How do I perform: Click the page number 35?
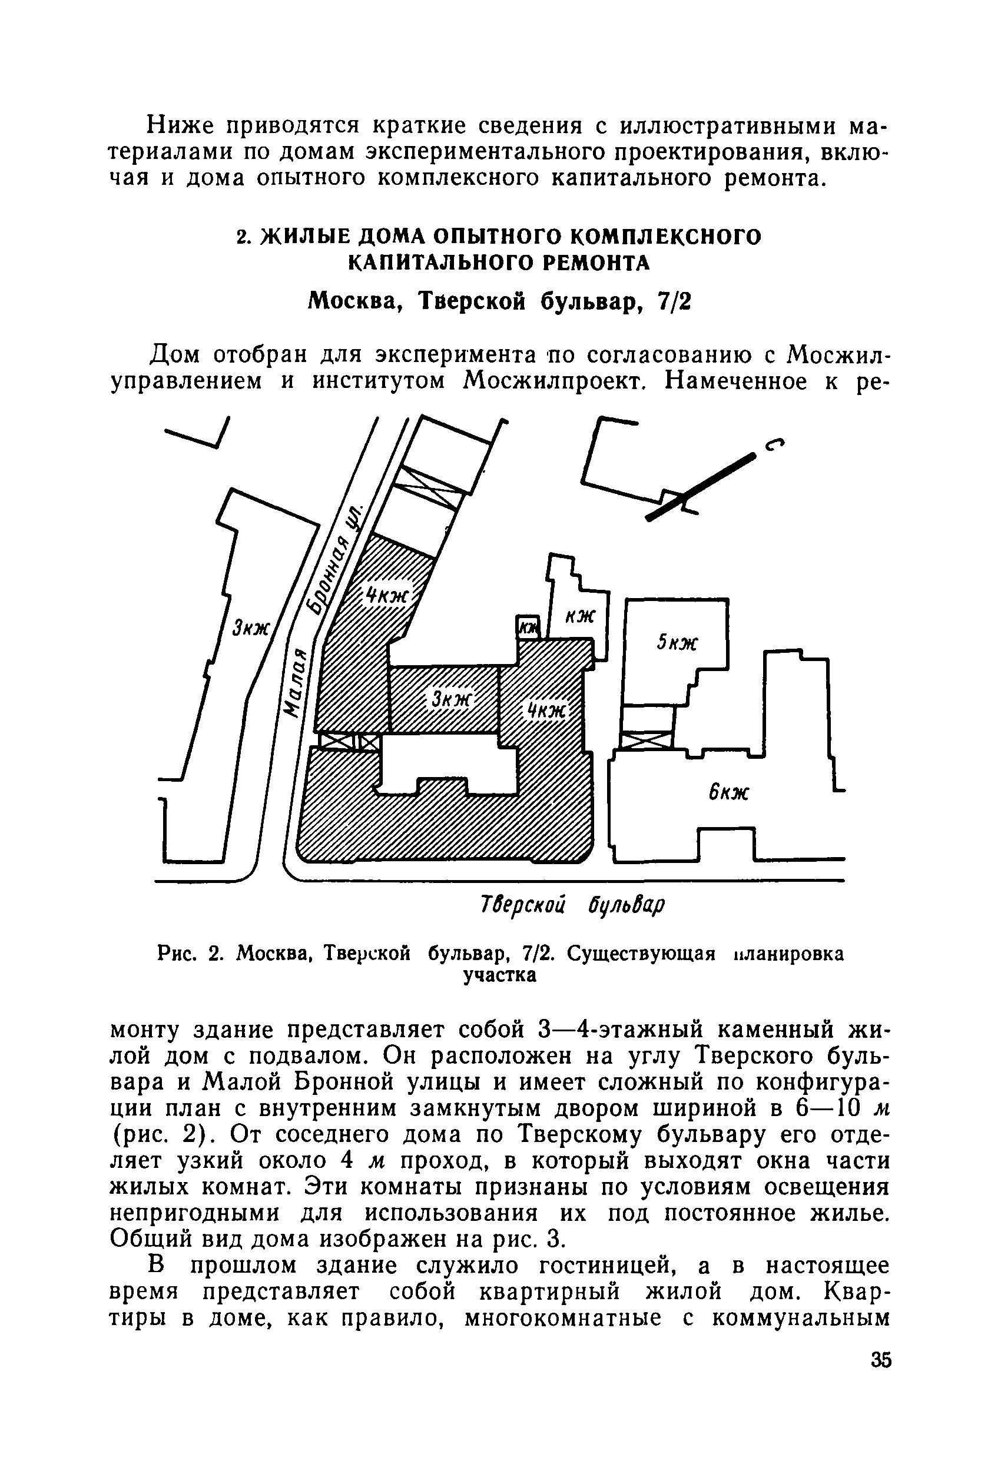click(881, 1361)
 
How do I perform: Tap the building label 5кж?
click(676, 643)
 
